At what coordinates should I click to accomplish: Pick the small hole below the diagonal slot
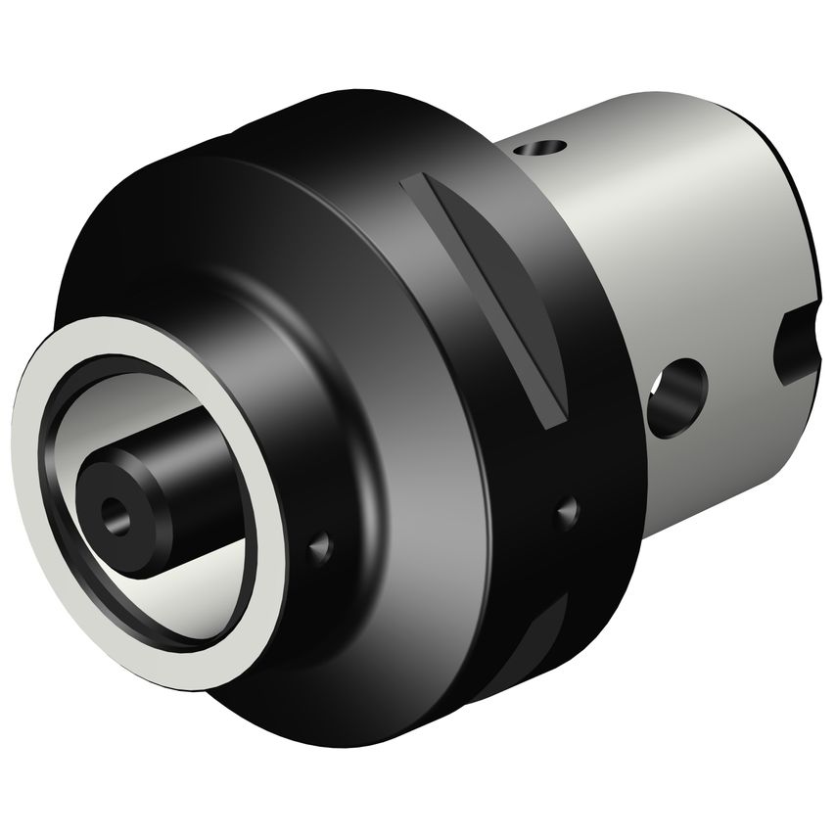pyautogui.click(x=565, y=510)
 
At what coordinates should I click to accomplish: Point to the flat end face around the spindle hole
pyautogui.click(x=103, y=489)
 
